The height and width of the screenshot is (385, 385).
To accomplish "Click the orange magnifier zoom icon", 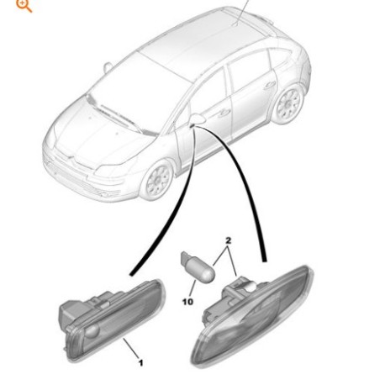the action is (x=24, y=6).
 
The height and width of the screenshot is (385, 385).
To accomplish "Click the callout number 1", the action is (x=140, y=363).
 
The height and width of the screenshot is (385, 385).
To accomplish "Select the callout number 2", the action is (x=228, y=240).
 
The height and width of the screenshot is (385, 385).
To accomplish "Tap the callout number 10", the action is (x=187, y=302).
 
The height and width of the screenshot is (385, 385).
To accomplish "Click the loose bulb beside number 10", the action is (x=198, y=266).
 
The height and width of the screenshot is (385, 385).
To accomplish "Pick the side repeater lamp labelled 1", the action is (x=112, y=320).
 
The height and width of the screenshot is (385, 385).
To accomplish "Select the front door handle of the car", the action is (x=224, y=113).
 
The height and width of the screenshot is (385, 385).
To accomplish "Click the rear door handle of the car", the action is (x=269, y=85).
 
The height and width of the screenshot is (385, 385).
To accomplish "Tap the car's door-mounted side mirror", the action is (x=198, y=119).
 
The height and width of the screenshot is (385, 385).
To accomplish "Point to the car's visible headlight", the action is (x=110, y=170).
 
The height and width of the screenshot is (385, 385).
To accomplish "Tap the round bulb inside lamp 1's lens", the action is (x=92, y=331).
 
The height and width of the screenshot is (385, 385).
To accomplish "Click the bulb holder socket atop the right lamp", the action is (x=238, y=288).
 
